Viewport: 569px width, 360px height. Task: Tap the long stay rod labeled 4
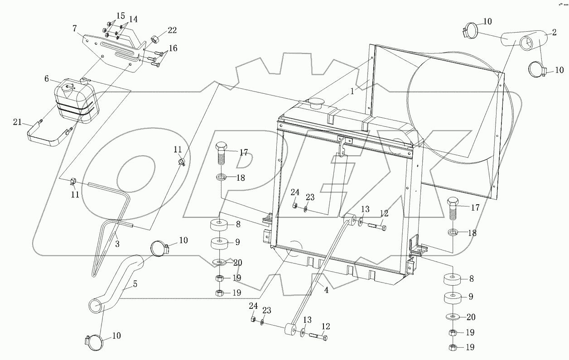pyautogui.click(x=322, y=272)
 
